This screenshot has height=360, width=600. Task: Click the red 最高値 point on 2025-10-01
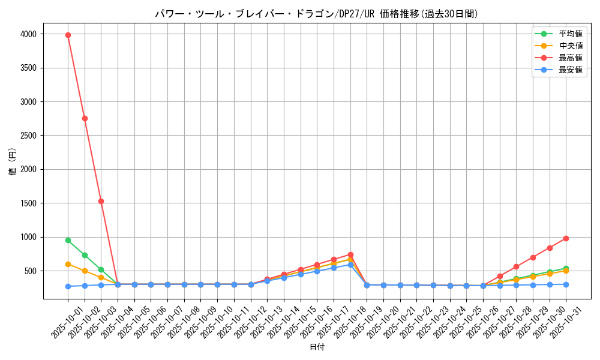tap(68, 35)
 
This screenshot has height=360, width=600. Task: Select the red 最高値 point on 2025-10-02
tap(85, 118)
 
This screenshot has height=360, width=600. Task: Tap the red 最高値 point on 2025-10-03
tap(101, 201)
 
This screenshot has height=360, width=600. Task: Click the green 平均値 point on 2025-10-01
tap(68, 240)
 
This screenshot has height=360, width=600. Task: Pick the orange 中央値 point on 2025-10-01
tap(68, 264)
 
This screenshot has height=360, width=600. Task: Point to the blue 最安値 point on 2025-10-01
tap(68, 286)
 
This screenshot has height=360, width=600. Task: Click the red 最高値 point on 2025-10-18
tap(350, 254)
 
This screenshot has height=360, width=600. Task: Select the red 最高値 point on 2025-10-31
tap(566, 238)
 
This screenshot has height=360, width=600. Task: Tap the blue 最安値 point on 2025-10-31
tap(566, 284)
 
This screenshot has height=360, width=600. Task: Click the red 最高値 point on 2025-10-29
tap(533, 257)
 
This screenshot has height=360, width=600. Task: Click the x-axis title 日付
tap(317, 347)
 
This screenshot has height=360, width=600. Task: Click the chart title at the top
tap(317, 14)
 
